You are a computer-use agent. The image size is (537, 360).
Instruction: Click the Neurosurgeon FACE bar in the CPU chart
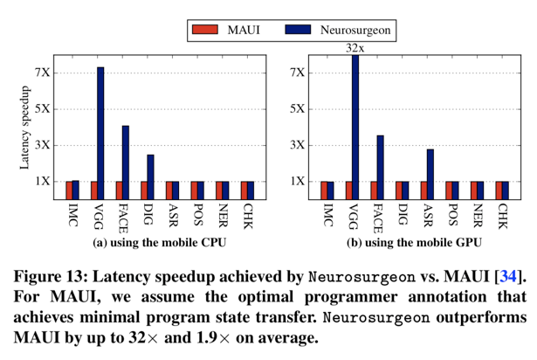point(125,163)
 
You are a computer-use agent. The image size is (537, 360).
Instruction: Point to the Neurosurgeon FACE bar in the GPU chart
point(380,167)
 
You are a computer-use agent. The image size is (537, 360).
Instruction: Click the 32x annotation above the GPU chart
point(355,49)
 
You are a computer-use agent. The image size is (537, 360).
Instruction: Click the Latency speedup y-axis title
point(25,135)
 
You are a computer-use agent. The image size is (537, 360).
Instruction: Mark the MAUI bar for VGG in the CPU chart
point(93,190)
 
